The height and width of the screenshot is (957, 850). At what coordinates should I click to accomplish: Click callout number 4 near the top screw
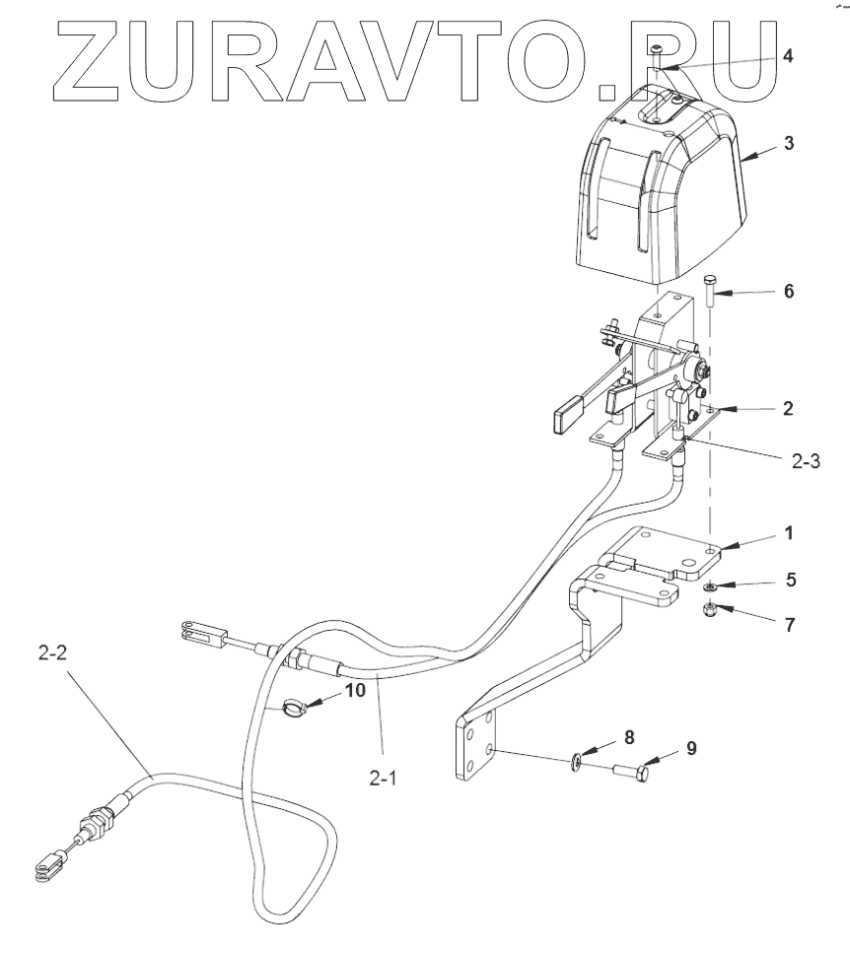tap(787, 55)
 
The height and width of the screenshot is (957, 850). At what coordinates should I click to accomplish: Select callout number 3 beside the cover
tap(789, 142)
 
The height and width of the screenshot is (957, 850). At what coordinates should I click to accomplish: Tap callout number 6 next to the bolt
tap(787, 292)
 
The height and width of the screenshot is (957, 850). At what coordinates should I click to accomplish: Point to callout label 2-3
tap(804, 459)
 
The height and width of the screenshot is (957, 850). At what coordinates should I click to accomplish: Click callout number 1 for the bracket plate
tap(787, 532)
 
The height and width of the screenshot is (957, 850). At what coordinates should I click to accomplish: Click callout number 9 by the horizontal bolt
tap(691, 748)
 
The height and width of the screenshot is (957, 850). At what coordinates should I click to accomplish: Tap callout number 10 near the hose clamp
tap(355, 690)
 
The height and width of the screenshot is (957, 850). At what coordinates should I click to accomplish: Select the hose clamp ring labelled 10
tap(291, 707)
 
